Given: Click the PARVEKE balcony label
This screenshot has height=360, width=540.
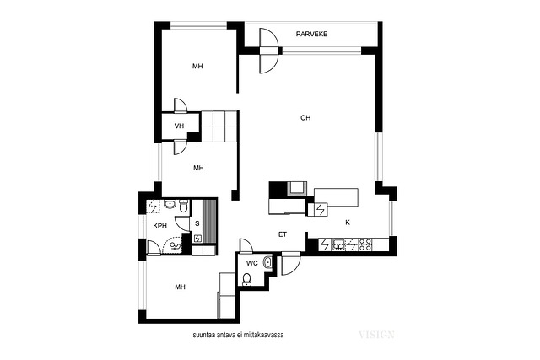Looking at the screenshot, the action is pos(311,34).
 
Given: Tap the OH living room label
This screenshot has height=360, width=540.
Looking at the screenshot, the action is pos(305,118).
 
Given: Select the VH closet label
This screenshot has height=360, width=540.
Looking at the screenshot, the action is pos(179,126).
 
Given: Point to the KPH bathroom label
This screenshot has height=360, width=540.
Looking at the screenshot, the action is pos(159,226).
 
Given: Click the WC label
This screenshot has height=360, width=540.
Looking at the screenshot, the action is pos(252,263).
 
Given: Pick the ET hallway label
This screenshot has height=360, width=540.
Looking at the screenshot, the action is pos(283,234).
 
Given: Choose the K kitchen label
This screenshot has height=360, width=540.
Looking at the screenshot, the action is pos(348,223).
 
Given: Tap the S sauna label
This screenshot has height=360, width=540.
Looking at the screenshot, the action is pos(197,223).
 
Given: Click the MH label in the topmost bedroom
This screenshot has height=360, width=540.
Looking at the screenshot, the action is pos(197,66).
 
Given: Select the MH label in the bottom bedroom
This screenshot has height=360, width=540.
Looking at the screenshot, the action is pos(180,287).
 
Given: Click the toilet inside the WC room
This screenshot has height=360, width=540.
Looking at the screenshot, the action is pos(246,279).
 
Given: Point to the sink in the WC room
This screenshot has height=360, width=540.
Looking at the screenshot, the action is pos(267,263).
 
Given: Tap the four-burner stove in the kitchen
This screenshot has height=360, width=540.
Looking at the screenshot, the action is pos(365,244).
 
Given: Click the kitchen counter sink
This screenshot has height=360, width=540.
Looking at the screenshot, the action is pos(338,244).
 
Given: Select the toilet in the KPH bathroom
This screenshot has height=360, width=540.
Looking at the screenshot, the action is pos(184,206).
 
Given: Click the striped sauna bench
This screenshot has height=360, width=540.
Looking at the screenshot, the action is pos(209,221).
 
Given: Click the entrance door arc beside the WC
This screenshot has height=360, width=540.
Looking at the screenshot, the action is pos(291,265).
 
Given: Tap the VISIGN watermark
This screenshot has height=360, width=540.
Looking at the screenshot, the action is pos(376,335).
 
